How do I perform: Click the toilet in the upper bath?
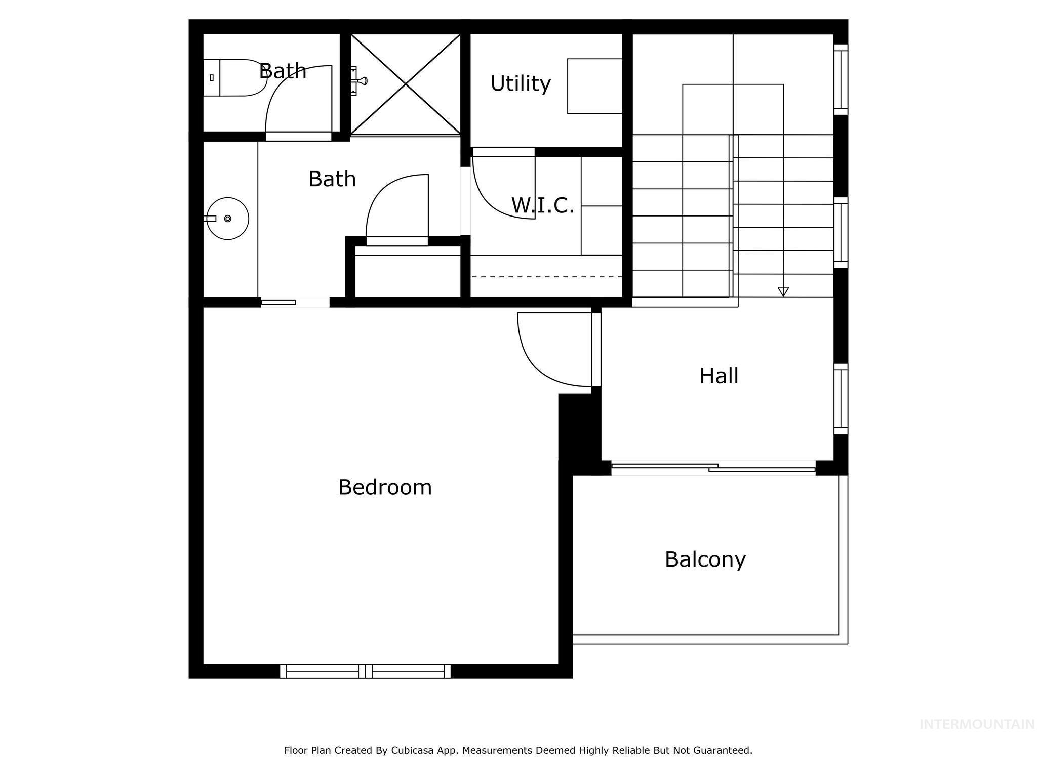point(234,78)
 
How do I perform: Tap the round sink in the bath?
point(228,219)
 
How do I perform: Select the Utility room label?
point(520,83)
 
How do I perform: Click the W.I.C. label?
point(542,205)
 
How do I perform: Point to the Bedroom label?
point(385,487)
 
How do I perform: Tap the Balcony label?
point(705,559)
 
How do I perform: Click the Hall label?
point(719,376)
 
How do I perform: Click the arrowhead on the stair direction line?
point(783,291)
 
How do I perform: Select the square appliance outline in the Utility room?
point(594,86)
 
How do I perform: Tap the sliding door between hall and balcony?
point(713,468)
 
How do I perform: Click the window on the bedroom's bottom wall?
point(365,671)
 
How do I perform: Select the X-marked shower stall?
point(405,84)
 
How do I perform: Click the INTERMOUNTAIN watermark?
point(977,724)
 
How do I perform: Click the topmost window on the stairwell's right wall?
point(841,79)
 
